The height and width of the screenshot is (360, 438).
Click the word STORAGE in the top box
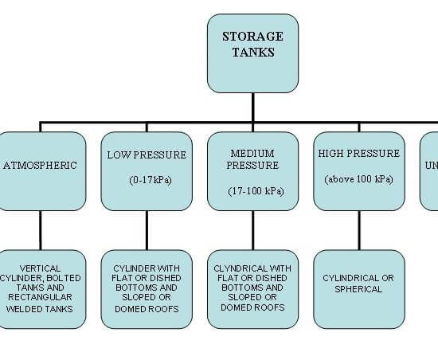(x=252, y=37)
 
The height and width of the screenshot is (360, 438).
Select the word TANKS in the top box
(x=253, y=53)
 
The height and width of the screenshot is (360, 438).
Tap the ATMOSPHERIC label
(x=41, y=166)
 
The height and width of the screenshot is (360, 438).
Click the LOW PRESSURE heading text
(x=147, y=155)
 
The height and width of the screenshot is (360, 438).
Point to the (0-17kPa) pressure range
(x=151, y=180)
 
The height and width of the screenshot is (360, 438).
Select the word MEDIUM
(x=252, y=154)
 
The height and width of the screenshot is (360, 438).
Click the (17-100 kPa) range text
(x=256, y=191)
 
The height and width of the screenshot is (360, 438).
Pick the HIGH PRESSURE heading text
(x=359, y=154)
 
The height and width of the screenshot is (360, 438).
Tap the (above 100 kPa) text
(x=359, y=179)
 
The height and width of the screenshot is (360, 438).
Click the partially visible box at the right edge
(x=429, y=171)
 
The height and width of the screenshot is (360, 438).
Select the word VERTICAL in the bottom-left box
(x=41, y=268)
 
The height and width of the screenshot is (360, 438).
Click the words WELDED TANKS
(x=39, y=309)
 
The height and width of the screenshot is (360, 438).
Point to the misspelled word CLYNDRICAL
(x=237, y=268)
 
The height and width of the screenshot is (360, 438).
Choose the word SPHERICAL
(x=358, y=289)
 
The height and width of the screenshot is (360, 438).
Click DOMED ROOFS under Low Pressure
(x=147, y=309)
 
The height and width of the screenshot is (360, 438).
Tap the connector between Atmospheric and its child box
(x=41, y=230)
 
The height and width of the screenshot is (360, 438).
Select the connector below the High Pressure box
(x=359, y=230)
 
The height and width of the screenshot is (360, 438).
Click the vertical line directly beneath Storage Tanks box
(x=253, y=107)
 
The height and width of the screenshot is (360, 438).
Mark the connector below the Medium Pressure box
(x=253, y=230)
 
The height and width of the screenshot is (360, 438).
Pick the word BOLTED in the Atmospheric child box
(x=64, y=278)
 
